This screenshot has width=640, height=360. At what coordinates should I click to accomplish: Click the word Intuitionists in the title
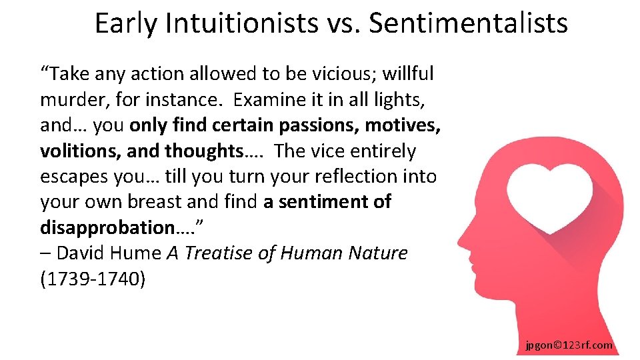241,23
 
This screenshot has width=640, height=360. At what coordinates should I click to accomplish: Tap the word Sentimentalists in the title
468,23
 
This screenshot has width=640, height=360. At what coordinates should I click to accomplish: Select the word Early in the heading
125,23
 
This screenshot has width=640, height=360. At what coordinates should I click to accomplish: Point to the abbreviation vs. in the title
341,23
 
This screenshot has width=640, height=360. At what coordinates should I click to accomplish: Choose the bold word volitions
80,151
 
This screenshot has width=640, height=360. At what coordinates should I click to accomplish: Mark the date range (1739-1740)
92,278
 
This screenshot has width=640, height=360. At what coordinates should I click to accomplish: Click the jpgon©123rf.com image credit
569,345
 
